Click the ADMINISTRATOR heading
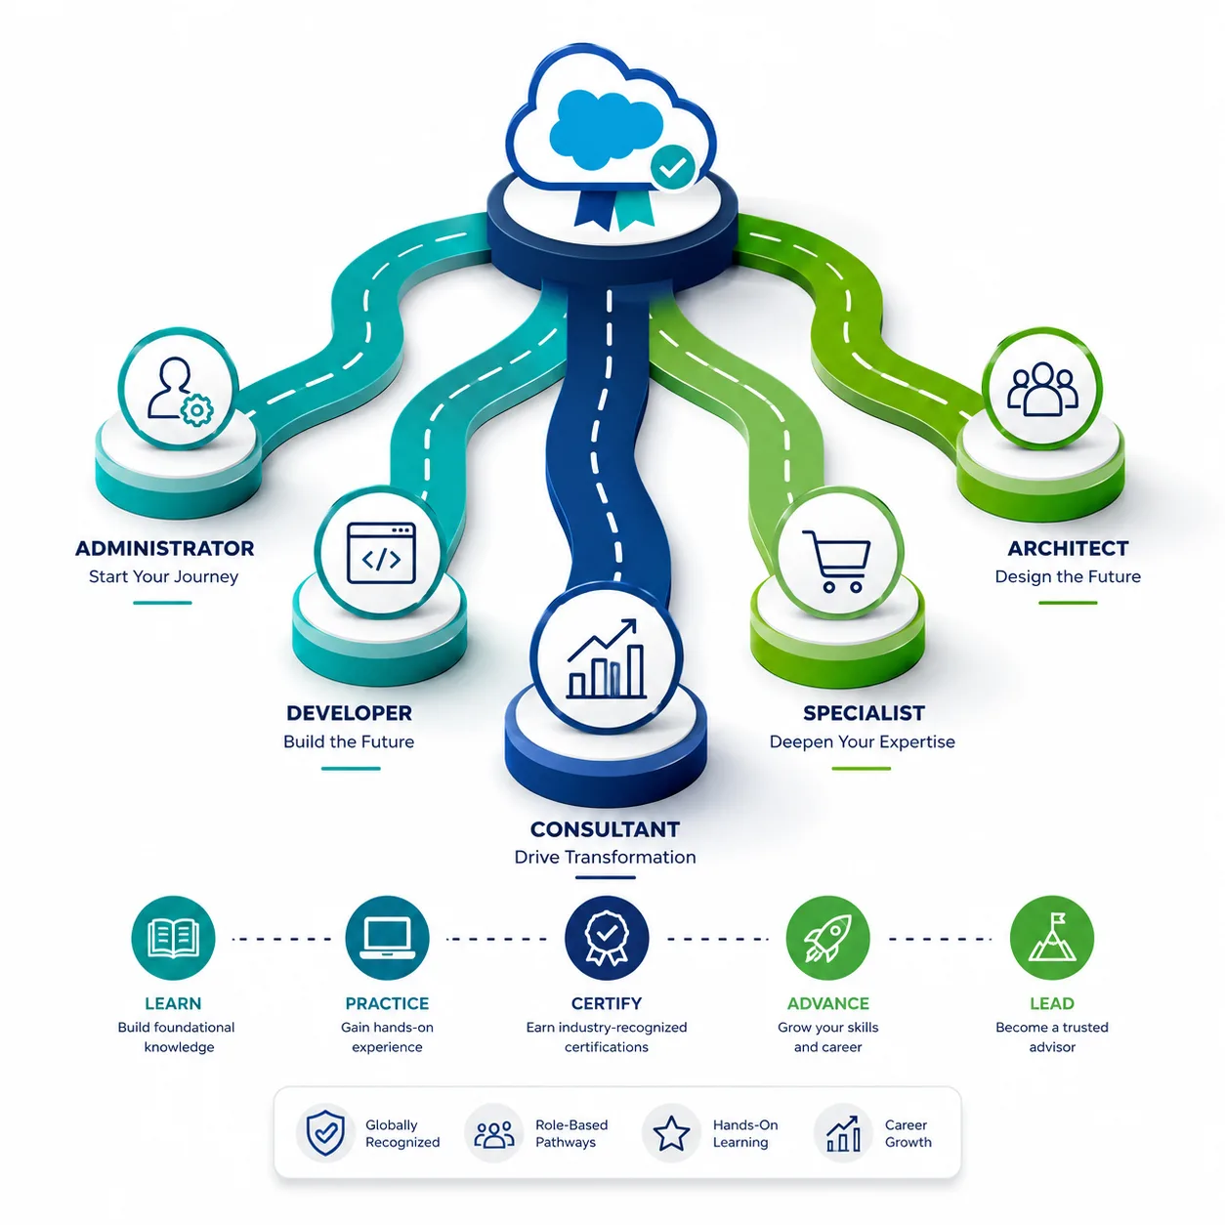165,548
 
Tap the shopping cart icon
836,561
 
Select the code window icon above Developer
381,553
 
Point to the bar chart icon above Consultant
606,659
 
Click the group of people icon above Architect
1042,389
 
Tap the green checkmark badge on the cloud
672,166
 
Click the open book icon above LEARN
173,939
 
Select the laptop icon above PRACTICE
387,939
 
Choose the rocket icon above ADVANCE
827,939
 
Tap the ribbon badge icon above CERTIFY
607,939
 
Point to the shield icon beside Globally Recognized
325,1133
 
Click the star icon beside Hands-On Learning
671,1133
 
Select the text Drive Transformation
606,857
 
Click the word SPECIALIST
864,713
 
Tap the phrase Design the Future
1068,576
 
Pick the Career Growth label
908,1133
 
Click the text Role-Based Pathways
571,1133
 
